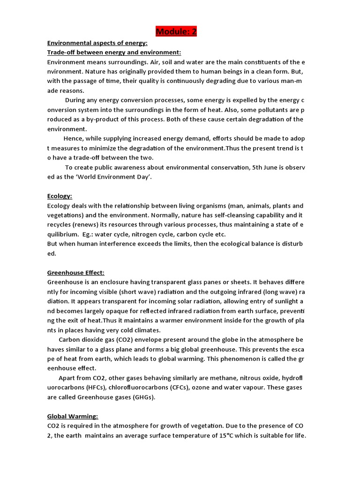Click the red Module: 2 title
[x=176, y=31]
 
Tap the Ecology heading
[x=60, y=196]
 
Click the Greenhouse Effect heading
[x=76, y=272]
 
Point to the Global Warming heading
[x=73, y=416]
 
